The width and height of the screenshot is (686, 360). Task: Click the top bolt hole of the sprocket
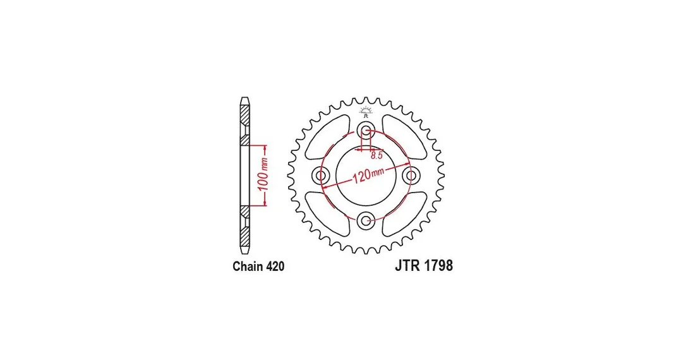click(x=366, y=130)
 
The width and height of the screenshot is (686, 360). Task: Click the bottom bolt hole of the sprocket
click(x=366, y=221)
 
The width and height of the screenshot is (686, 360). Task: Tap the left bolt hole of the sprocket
click(x=320, y=176)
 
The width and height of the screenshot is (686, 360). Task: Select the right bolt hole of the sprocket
click(x=411, y=176)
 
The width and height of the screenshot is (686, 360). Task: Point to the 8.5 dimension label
click(x=376, y=155)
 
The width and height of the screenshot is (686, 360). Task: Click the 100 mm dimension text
click(x=263, y=175)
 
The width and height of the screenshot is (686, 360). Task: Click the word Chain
click(x=246, y=267)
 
